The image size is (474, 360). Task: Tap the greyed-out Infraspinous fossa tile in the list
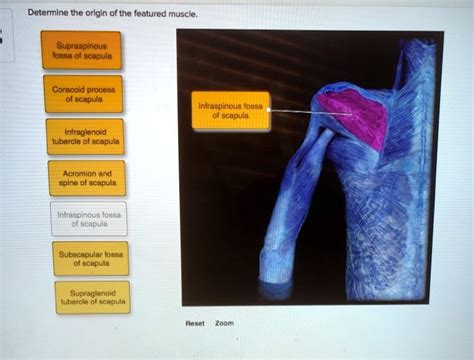point(88,219)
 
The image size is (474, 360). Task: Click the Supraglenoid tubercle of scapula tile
point(88,299)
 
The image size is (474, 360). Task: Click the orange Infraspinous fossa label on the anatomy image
point(230,109)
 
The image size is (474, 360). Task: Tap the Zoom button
point(225,323)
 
